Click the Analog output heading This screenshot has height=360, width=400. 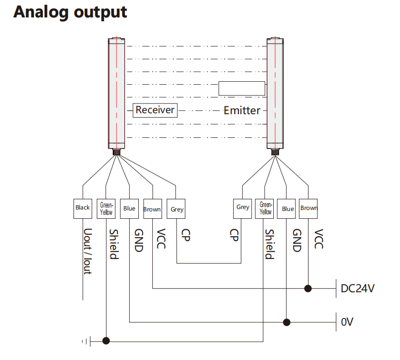click(x=70, y=12)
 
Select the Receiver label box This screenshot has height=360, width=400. click(x=155, y=110)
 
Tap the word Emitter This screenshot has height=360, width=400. click(x=242, y=110)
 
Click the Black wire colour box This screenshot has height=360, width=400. click(x=83, y=208)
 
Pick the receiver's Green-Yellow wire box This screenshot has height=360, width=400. click(x=106, y=209)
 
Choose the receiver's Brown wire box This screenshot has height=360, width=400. click(x=152, y=209)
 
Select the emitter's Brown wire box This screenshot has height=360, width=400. click(x=309, y=209)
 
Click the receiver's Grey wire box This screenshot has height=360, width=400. click(x=177, y=209)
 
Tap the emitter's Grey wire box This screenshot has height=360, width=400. click(x=243, y=208)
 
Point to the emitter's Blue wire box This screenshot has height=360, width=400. click(x=288, y=209)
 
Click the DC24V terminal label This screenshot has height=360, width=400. click(x=358, y=289)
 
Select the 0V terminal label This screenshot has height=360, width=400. click(x=348, y=322)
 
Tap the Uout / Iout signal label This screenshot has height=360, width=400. click(x=88, y=252)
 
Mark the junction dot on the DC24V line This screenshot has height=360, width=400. click(x=308, y=289)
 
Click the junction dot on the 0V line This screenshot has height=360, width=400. click(x=287, y=322)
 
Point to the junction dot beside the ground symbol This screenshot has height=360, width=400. click(x=106, y=341)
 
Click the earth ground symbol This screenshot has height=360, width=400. click(x=86, y=341)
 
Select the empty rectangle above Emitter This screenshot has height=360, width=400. click(x=241, y=89)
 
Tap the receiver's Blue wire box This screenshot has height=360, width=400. click(x=129, y=209)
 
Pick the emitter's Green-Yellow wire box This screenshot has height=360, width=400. click(x=266, y=209)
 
